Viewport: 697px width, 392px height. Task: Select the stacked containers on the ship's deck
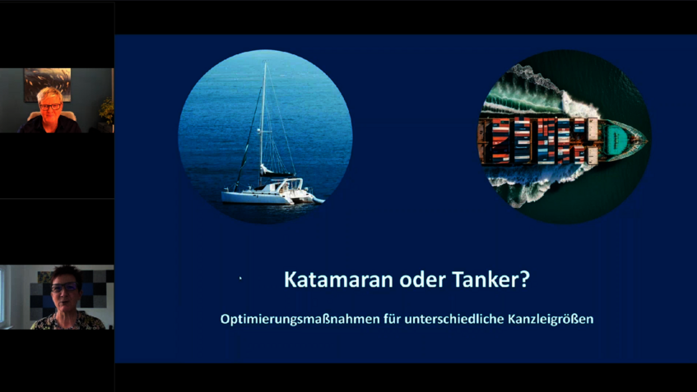tap(535, 137)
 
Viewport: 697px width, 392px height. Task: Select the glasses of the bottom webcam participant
tap(64, 288)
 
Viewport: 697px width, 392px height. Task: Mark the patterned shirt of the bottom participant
tap(66, 321)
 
